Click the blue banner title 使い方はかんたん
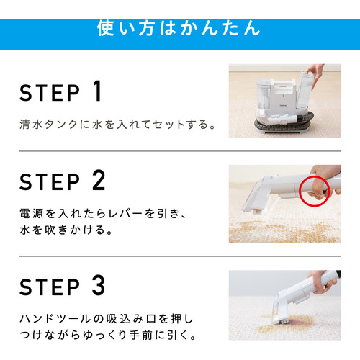179,28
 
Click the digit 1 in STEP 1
97,91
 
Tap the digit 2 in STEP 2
99,180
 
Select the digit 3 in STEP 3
99,285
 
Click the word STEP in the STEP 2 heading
50,182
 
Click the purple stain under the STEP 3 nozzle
297,323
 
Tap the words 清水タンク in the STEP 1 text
49,125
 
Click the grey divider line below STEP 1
180,151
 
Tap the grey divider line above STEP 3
180,256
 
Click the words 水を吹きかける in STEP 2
62,230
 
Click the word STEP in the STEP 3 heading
50,287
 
